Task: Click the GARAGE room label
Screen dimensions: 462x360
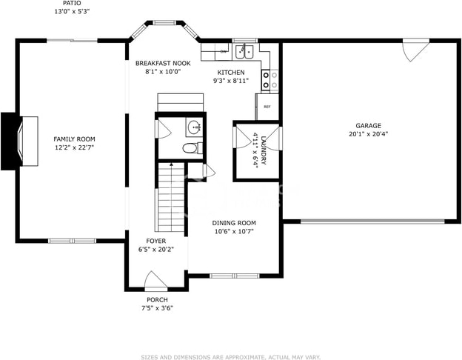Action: pos(368,126)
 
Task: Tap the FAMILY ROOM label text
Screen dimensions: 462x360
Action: pos(74,139)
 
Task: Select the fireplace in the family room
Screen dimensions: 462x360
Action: pos(19,141)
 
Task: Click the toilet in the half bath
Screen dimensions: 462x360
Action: pos(192,147)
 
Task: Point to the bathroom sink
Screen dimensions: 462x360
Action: pos(195,127)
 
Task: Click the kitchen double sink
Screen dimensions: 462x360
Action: pos(245,52)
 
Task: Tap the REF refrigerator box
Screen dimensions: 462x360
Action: pos(267,107)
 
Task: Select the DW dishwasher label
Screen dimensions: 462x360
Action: pos(224,52)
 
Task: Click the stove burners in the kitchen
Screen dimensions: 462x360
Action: pos(266,80)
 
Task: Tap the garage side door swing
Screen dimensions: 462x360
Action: pos(416,50)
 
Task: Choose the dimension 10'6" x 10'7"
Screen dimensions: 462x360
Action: pos(234,231)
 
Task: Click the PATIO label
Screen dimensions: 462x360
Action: pos(72,3)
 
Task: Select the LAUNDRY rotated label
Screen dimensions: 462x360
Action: pos(264,150)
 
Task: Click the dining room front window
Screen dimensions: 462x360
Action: pos(235,276)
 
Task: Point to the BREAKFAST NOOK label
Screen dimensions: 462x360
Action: pos(163,63)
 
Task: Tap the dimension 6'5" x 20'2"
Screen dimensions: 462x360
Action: pos(156,250)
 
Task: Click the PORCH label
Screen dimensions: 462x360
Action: pos(157,300)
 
